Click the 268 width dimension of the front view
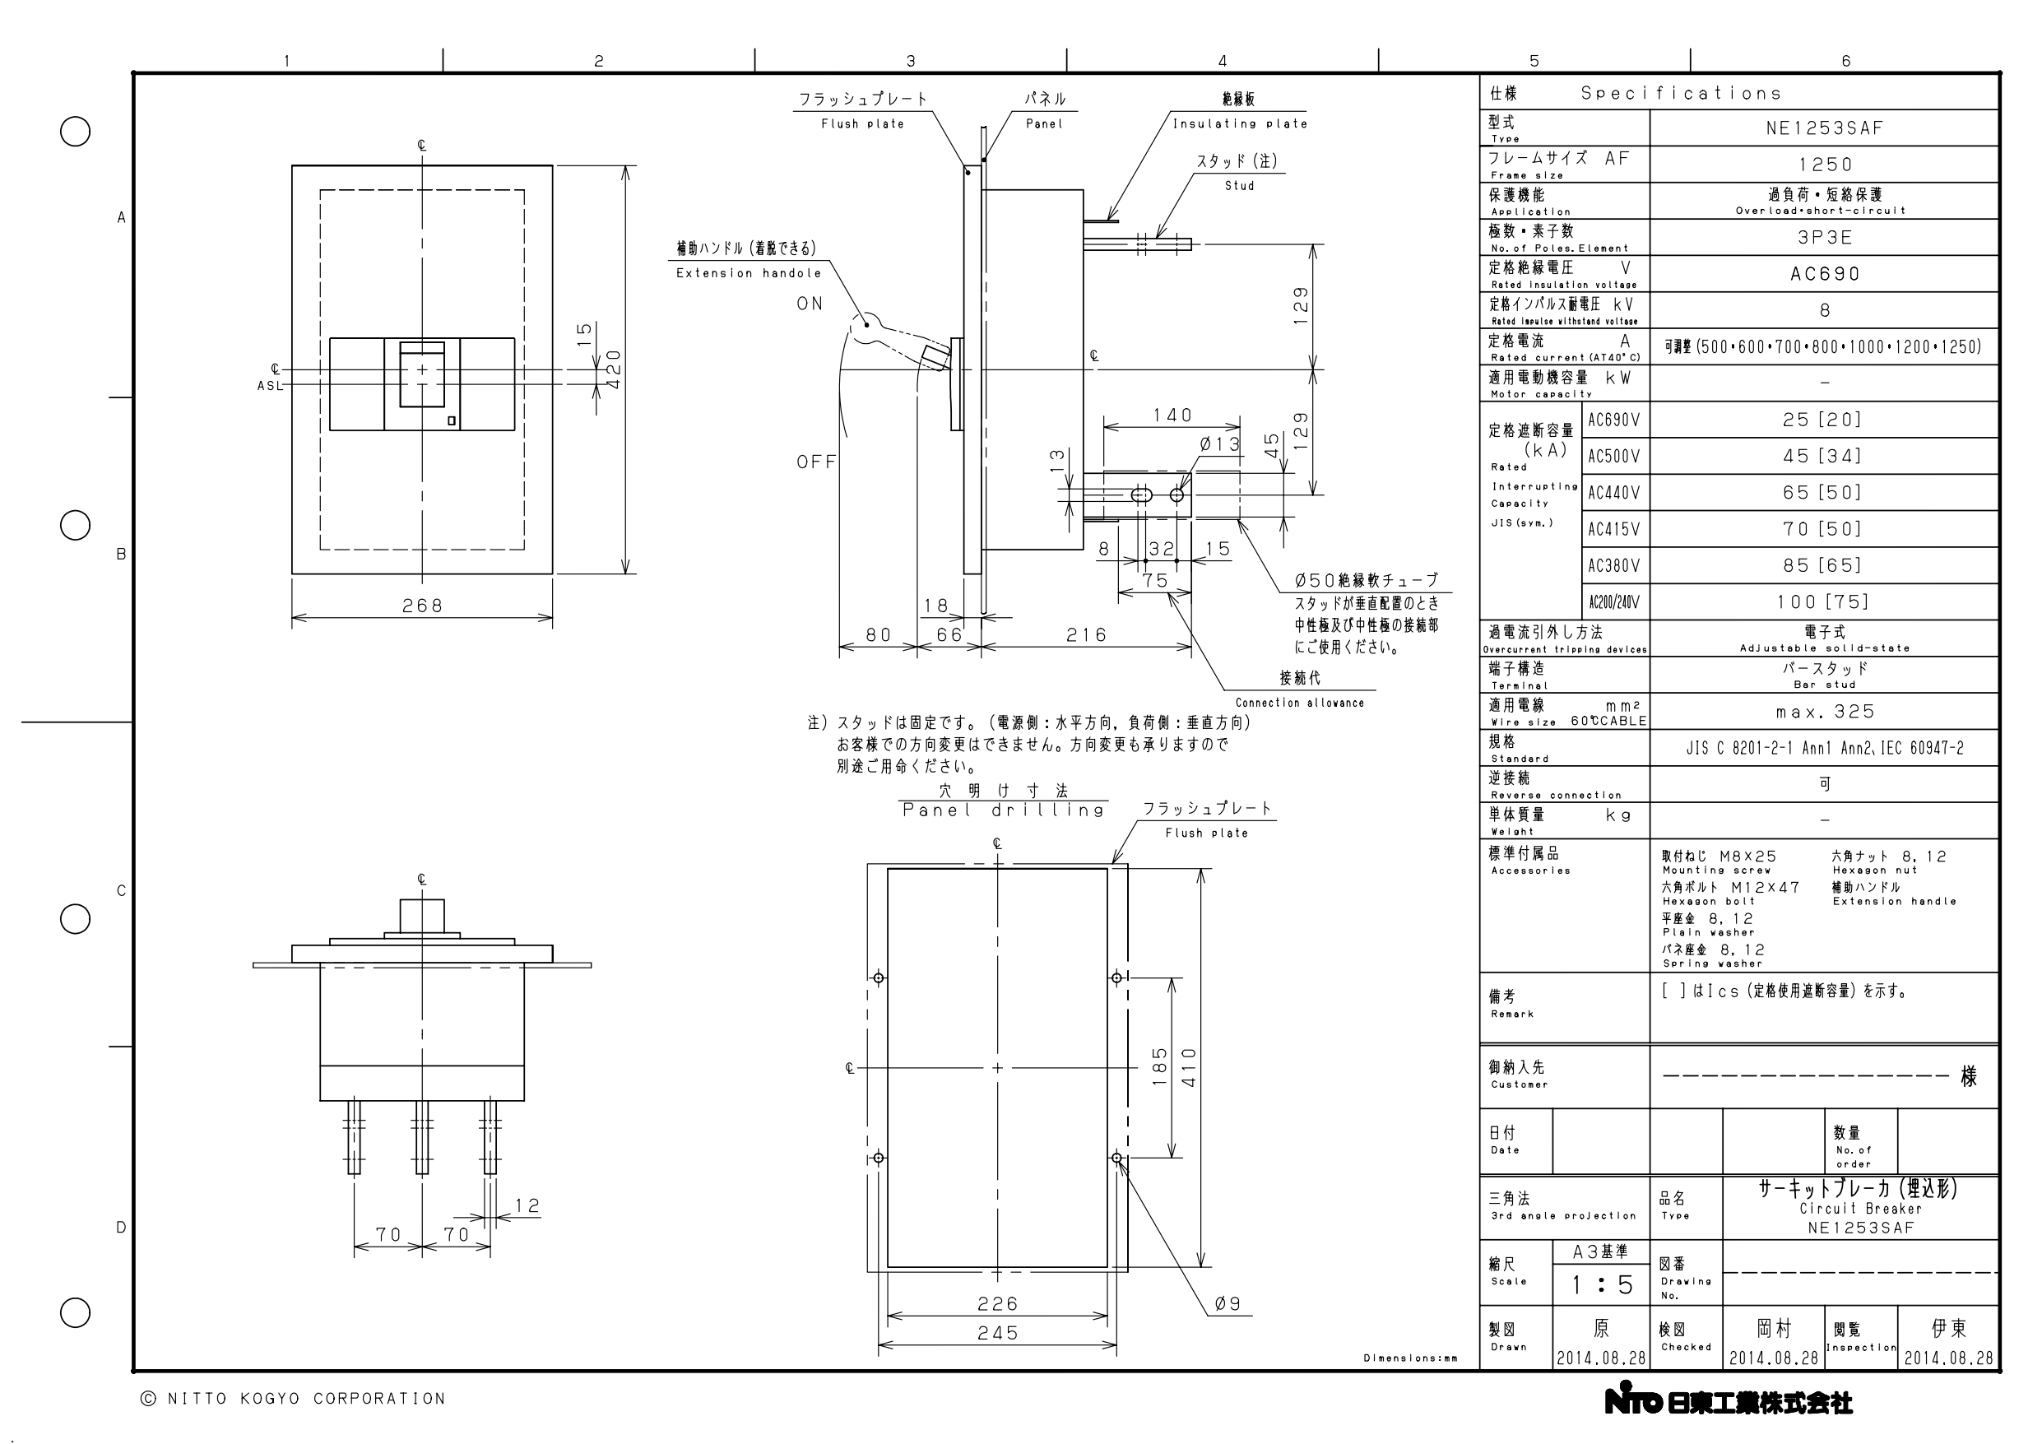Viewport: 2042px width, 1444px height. pyautogui.click(x=422, y=606)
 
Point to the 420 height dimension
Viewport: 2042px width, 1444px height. pyautogui.click(x=613, y=369)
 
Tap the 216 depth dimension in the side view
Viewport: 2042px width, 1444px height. pyautogui.click(x=1087, y=635)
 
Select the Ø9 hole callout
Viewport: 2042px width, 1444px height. pyautogui.click(x=1228, y=1304)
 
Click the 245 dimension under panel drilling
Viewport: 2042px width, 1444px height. pyautogui.click(x=998, y=1334)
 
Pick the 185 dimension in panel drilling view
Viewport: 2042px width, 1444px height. pyautogui.click(x=1159, y=1067)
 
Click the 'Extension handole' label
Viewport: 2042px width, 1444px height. pyautogui.click(x=749, y=273)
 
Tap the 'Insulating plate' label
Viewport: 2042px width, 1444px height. pyautogui.click(x=1240, y=123)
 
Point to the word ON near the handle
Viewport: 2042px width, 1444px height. pyautogui.click(x=810, y=304)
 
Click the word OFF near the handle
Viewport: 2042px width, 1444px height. pyautogui.click(x=816, y=462)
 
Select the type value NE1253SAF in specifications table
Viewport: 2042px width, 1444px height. pyautogui.click(x=1825, y=128)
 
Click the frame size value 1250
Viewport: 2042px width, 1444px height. pyautogui.click(x=1825, y=165)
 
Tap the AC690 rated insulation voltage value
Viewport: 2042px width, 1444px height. pyautogui.click(x=1825, y=274)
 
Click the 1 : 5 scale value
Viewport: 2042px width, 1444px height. pyautogui.click(x=1602, y=1284)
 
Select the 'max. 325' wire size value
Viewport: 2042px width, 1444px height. pyautogui.click(x=1825, y=712)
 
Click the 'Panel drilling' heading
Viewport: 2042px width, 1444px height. pyautogui.click(x=1003, y=810)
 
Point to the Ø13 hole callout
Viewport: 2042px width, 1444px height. pyautogui.click(x=1220, y=444)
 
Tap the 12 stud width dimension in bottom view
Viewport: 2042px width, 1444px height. pyautogui.click(x=527, y=1205)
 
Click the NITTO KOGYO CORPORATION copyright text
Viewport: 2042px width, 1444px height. pyautogui.click(x=294, y=1400)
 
